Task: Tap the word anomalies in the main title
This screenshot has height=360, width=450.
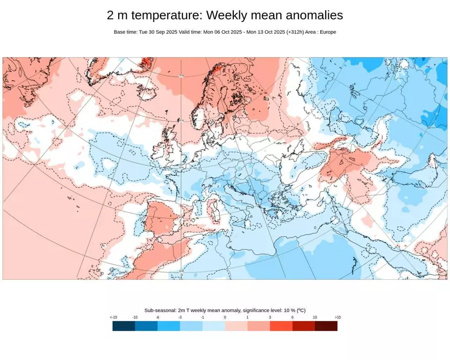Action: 314,16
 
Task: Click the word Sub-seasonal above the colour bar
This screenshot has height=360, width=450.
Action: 160,311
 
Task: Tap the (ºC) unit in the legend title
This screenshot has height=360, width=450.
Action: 300,311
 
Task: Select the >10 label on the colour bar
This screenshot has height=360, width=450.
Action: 337,318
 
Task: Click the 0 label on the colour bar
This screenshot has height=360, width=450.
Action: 225,318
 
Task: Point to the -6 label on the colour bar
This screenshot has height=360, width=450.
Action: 158,318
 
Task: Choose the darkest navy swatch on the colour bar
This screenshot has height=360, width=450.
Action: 124,326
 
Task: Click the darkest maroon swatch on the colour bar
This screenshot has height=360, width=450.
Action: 326,326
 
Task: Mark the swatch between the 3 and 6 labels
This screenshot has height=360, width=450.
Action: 281,326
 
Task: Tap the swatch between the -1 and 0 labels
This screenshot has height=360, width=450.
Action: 214,326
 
